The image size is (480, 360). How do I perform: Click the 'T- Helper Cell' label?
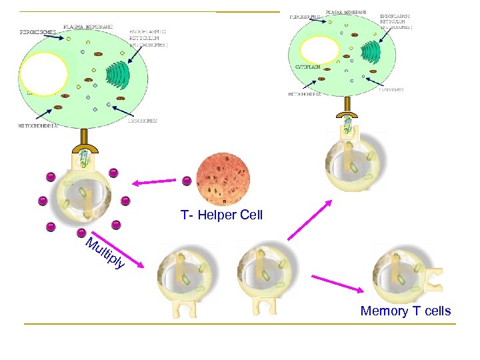pyautogui.click(x=221, y=215)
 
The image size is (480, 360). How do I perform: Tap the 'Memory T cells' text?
pyautogui.click(x=405, y=311)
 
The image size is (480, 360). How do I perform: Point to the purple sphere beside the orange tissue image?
pyautogui.click(x=187, y=181)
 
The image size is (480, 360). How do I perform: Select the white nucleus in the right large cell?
pyautogui.click(x=320, y=51)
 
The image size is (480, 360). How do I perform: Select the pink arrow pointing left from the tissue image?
pyautogui.click(x=153, y=181)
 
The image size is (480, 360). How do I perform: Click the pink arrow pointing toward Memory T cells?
pyautogui.click(x=337, y=283)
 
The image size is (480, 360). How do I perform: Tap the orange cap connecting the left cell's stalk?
pyautogui.click(x=84, y=147)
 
